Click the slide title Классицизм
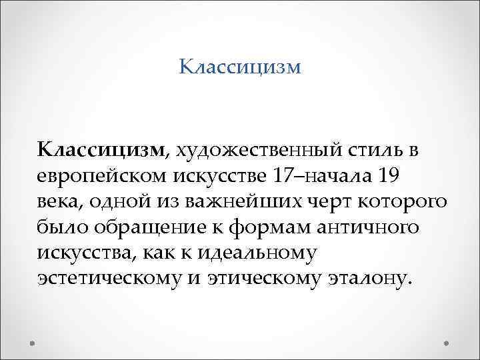pos(241,67)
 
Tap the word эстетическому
pos(110,278)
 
